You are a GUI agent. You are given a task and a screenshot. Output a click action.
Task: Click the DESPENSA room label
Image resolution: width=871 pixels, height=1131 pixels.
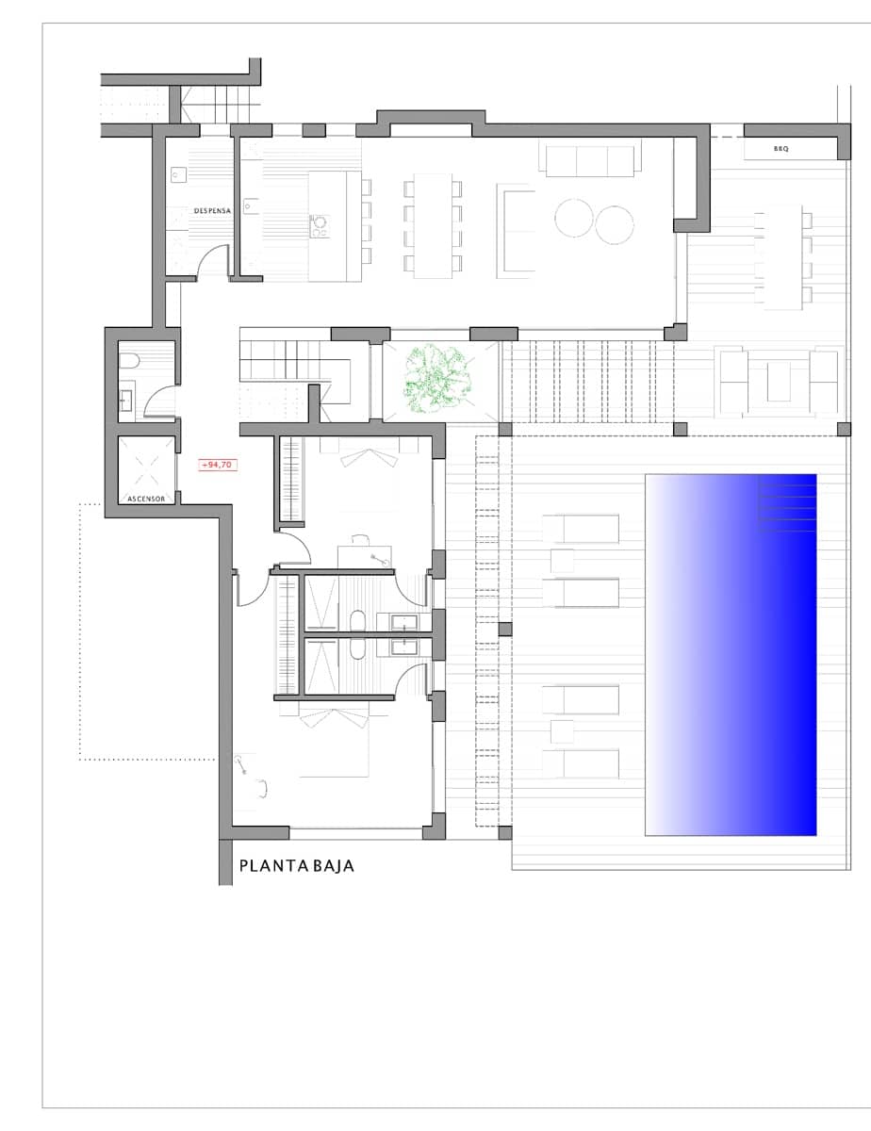point(213,211)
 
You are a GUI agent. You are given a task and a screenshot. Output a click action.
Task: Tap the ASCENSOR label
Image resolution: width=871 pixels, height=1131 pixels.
point(147,499)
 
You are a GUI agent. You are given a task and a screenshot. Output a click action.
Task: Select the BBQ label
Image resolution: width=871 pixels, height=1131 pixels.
point(781,149)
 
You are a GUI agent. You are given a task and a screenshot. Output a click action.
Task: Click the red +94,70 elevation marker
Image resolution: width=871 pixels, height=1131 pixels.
point(217,465)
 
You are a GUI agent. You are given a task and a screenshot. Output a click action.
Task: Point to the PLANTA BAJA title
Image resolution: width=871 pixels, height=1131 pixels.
point(297,865)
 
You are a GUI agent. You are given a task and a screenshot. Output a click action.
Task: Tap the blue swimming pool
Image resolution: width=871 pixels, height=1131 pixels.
point(730,654)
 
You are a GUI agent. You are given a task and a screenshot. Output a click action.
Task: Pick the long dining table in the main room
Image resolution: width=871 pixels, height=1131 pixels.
point(433,225)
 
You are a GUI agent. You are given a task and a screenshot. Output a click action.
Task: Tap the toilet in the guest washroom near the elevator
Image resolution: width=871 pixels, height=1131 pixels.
point(130,361)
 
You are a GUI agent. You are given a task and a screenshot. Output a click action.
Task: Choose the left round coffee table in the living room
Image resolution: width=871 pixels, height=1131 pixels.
point(574,220)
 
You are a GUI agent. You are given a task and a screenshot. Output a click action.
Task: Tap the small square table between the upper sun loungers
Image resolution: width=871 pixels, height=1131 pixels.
point(563,561)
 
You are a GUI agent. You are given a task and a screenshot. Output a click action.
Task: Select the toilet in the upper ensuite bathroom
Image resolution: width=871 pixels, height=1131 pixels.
point(357,619)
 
